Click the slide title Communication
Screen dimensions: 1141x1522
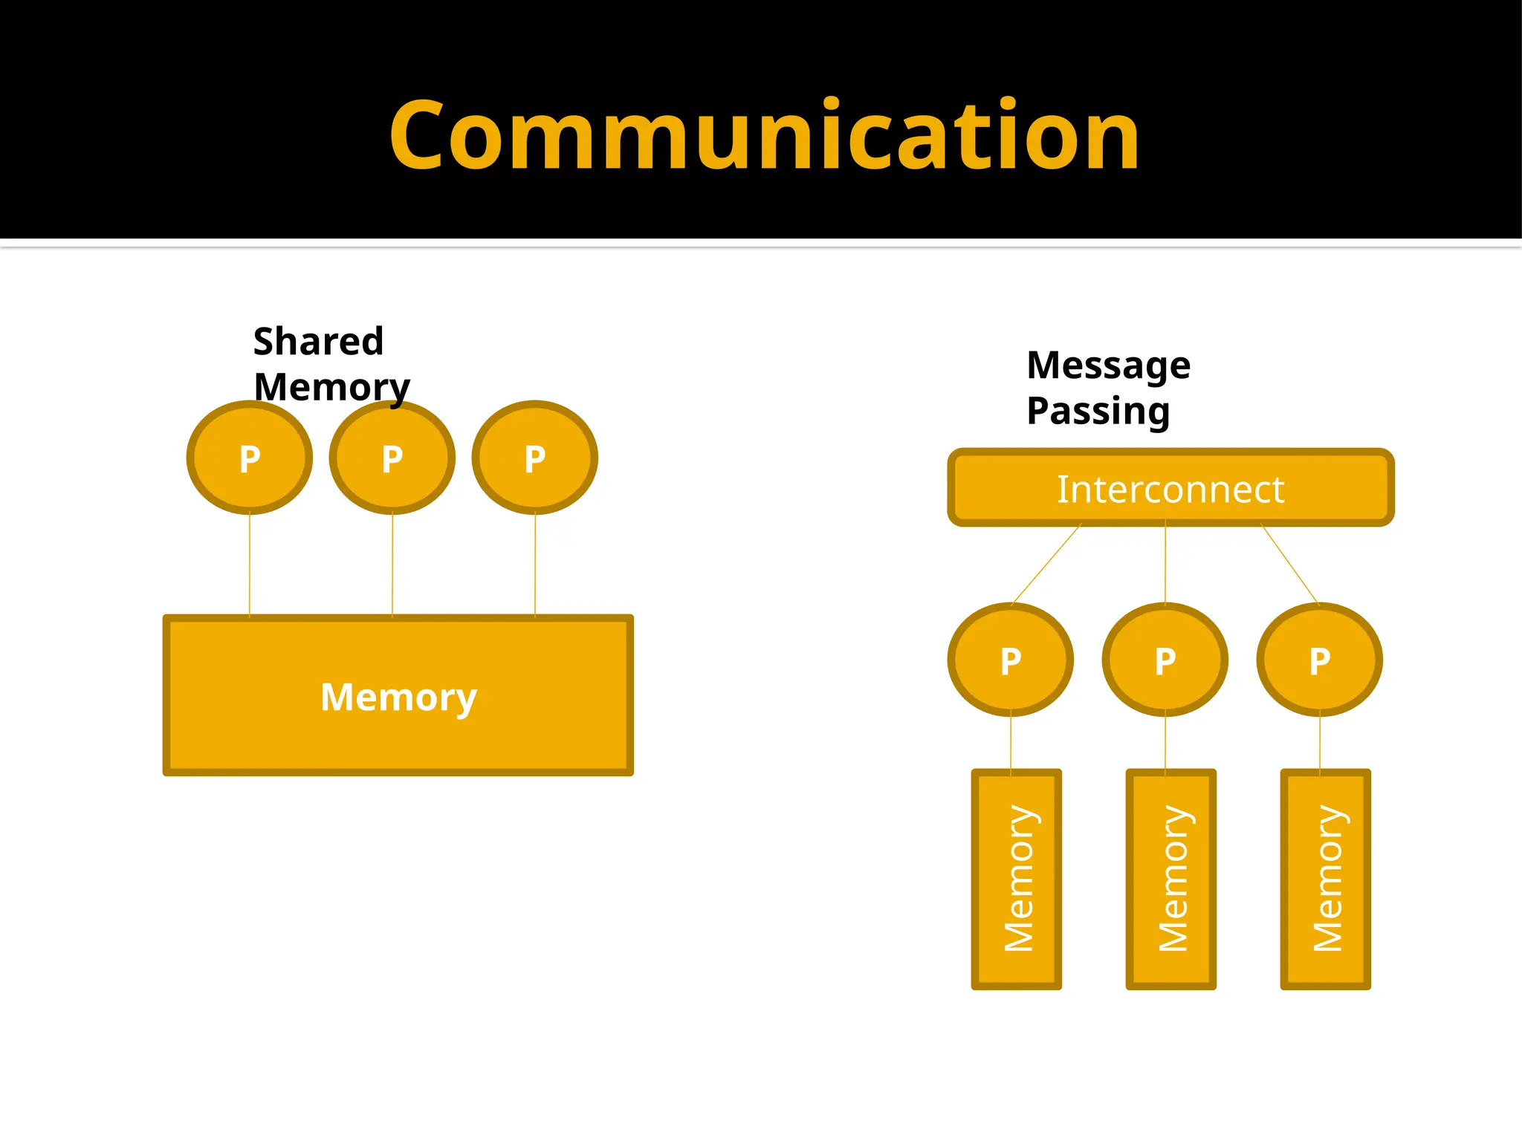pos(763,136)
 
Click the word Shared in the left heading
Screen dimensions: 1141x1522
pos(318,342)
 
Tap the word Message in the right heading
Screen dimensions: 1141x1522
pos(1108,365)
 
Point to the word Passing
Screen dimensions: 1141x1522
pos(1098,411)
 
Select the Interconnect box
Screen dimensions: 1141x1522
pos(1170,488)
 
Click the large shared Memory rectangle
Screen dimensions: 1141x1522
pos(398,695)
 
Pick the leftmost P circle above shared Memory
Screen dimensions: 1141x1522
pos(250,458)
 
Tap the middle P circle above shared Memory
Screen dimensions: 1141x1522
pos(392,458)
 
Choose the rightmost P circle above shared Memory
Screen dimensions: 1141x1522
pos(535,458)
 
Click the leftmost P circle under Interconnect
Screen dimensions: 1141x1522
pos(1011,660)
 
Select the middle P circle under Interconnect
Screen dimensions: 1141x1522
pos(1165,660)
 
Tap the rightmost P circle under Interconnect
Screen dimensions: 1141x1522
pos(1320,660)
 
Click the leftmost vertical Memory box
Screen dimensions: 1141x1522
pos(1017,880)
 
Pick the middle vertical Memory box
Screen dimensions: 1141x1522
pos(1171,880)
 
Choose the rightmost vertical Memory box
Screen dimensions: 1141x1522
pos(1326,880)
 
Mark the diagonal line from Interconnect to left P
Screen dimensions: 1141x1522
pos(1046,565)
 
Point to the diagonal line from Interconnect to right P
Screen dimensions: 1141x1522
pos(1290,565)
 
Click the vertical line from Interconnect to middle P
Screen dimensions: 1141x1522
pos(1165,565)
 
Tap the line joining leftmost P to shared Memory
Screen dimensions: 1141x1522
pos(250,565)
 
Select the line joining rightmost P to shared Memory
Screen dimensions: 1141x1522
pos(535,565)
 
